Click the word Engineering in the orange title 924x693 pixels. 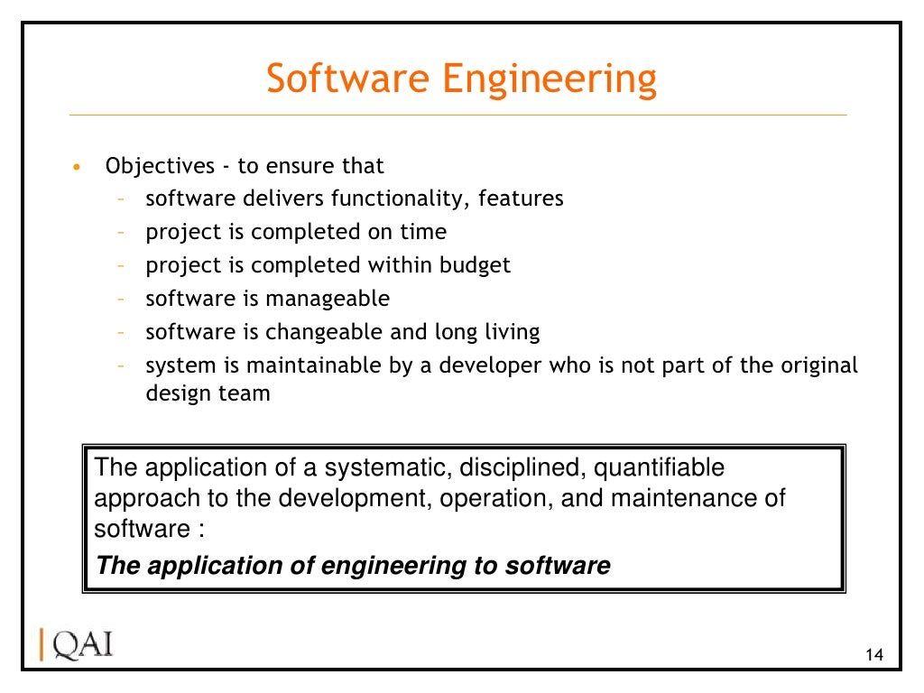549,79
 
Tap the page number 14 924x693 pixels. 873,654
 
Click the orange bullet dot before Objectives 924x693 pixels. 78,168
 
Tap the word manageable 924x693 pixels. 328,299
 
